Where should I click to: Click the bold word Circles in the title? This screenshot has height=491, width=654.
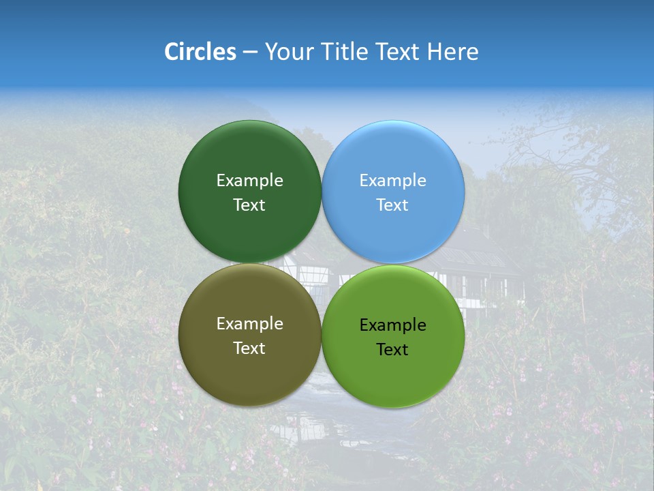[x=200, y=52]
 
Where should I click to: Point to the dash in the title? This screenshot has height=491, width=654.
[x=250, y=53]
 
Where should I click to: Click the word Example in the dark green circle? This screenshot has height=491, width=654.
[x=249, y=181]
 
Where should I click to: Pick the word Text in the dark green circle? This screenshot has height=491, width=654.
[x=249, y=205]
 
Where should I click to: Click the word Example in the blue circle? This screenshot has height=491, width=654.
[x=393, y=181]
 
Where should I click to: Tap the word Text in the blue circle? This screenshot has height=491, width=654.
[x=393, y=205]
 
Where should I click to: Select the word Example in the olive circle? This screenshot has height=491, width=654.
[x=249, y=324]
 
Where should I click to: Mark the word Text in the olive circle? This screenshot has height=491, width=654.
[x=249, y=348]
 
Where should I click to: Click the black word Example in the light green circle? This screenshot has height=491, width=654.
[x=393, y=325]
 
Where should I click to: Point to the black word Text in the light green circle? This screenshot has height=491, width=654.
[x=393, y=350]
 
